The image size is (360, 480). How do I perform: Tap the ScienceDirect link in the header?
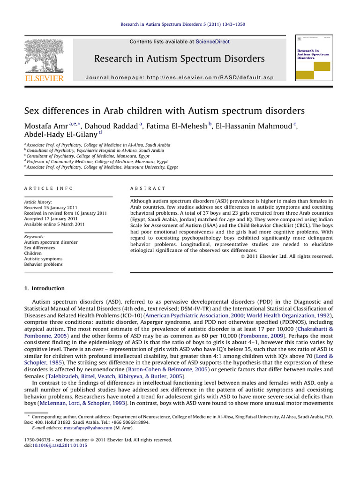coord(213,42)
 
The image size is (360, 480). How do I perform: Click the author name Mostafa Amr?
coord(45,126)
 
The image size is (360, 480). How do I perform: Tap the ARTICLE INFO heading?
coord(48,188)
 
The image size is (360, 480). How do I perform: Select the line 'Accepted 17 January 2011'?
coord(50,218)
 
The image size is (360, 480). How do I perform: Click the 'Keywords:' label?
coord(35,237)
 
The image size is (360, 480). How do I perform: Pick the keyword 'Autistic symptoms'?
coord(43,259)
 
